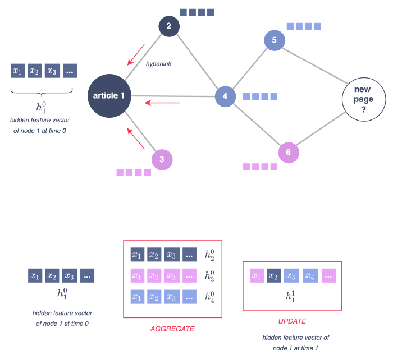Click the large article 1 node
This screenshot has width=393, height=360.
click(109, 96)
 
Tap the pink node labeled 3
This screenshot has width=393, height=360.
click(162, 160)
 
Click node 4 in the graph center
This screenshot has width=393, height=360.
click(225, 96)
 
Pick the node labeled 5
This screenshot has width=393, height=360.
click(275, 40)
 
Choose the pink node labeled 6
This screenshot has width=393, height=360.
click(289, 153)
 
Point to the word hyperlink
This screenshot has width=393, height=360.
click(159, 64)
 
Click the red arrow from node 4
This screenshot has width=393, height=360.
click(162, 103)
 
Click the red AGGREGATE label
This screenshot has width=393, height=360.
click(172, 329)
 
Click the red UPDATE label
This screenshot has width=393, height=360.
click(292, 321)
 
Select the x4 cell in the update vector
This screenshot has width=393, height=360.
click(309, 275)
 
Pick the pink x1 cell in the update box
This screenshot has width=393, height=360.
click(257, 275)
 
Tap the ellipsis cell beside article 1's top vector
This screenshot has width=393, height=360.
click(70, 71)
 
